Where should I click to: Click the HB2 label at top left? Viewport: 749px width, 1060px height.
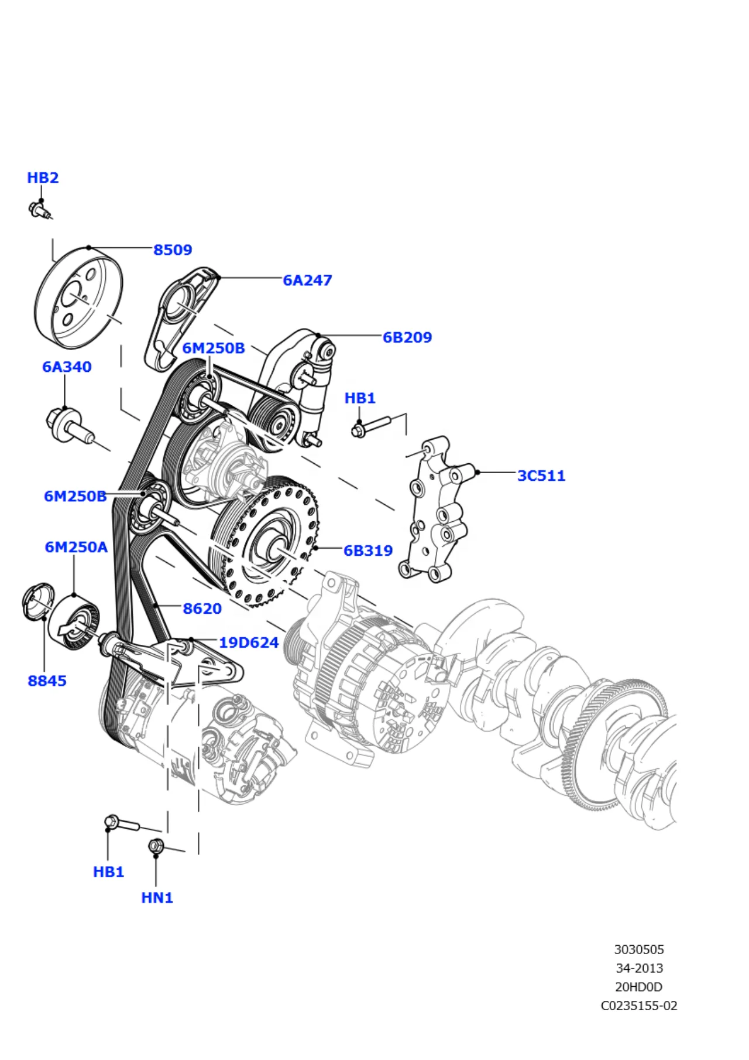tap(43, 177)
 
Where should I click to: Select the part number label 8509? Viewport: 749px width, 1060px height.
tap(173, 249)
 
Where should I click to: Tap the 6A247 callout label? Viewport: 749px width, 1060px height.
tap(307, 280)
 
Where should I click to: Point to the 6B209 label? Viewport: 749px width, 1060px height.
tap(407, 337)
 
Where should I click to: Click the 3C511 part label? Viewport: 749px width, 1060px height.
tap(541, 476)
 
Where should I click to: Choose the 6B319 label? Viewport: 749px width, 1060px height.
tap(368, 550)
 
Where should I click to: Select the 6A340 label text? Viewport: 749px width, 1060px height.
tap(67, 367)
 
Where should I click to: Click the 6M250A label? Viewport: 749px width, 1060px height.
tap(76, 547)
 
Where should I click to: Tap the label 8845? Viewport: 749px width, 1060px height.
tap(47, 681)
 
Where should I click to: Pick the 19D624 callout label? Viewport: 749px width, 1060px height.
tap(249, 642)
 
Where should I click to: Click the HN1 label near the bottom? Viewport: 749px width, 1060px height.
tap(157, 897)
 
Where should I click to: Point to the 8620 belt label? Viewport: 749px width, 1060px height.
tap(202, 608)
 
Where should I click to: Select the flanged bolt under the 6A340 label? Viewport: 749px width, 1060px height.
tap(70, 426)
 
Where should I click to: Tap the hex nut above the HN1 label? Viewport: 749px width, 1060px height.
tap(156, 846)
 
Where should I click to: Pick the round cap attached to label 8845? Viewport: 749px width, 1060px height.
tap(37, 600)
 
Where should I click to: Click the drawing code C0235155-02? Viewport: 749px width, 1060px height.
tap(639, 1006)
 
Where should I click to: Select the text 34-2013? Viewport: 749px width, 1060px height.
tap(639, 968)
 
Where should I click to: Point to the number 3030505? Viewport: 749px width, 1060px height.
tap(639, 949)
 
